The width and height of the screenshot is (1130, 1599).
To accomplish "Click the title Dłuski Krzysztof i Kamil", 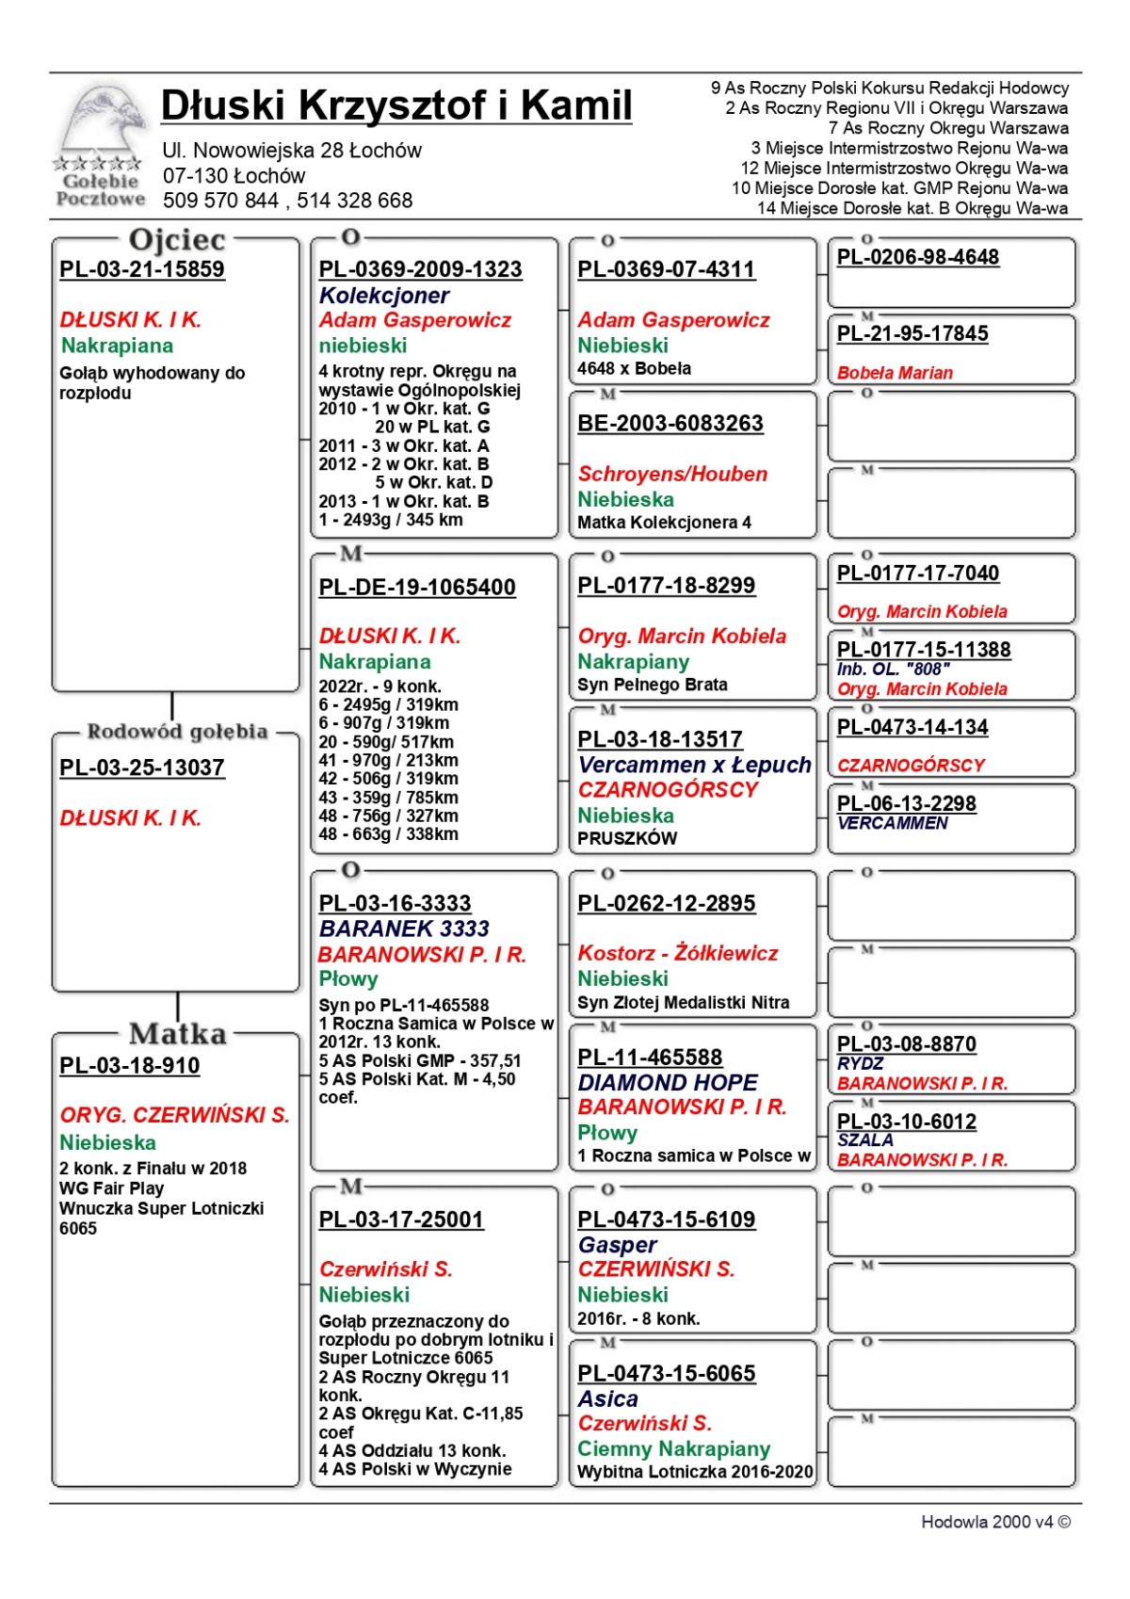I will (x=396, y=105).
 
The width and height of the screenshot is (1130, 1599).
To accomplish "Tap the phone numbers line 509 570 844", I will (x=287, y=201).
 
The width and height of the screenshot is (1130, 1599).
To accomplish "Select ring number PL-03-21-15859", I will (x=142, y=269).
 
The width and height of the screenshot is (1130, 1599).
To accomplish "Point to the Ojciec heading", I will (x=177, y=240).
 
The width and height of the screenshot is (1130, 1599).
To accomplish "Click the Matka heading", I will (x=178, y=1034).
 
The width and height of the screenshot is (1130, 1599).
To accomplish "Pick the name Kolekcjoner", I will (x=384, y=296).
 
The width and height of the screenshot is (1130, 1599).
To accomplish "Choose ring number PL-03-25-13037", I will (x=142, y=767).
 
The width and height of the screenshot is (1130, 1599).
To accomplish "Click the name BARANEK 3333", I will (x=404, y=929).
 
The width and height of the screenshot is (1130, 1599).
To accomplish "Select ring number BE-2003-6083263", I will (x=670, y=424).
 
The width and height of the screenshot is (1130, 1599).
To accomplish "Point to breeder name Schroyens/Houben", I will (x=672, y=475).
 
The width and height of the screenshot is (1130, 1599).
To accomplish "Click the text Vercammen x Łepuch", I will (x=694, y=765).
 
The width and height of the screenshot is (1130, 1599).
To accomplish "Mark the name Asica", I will (x=607, y=1399).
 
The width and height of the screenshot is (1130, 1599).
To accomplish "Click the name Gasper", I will (x=617, y=1245).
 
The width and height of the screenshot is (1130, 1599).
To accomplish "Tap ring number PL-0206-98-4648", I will (x=918, y=257).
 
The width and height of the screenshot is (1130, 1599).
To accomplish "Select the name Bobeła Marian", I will (x=895, y=373).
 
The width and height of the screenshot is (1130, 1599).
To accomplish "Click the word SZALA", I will (x=865, y=1140).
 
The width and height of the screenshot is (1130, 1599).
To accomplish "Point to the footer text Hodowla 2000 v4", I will (x=995, y=1523).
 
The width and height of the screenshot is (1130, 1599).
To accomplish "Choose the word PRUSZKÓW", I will (x=627, y=838).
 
